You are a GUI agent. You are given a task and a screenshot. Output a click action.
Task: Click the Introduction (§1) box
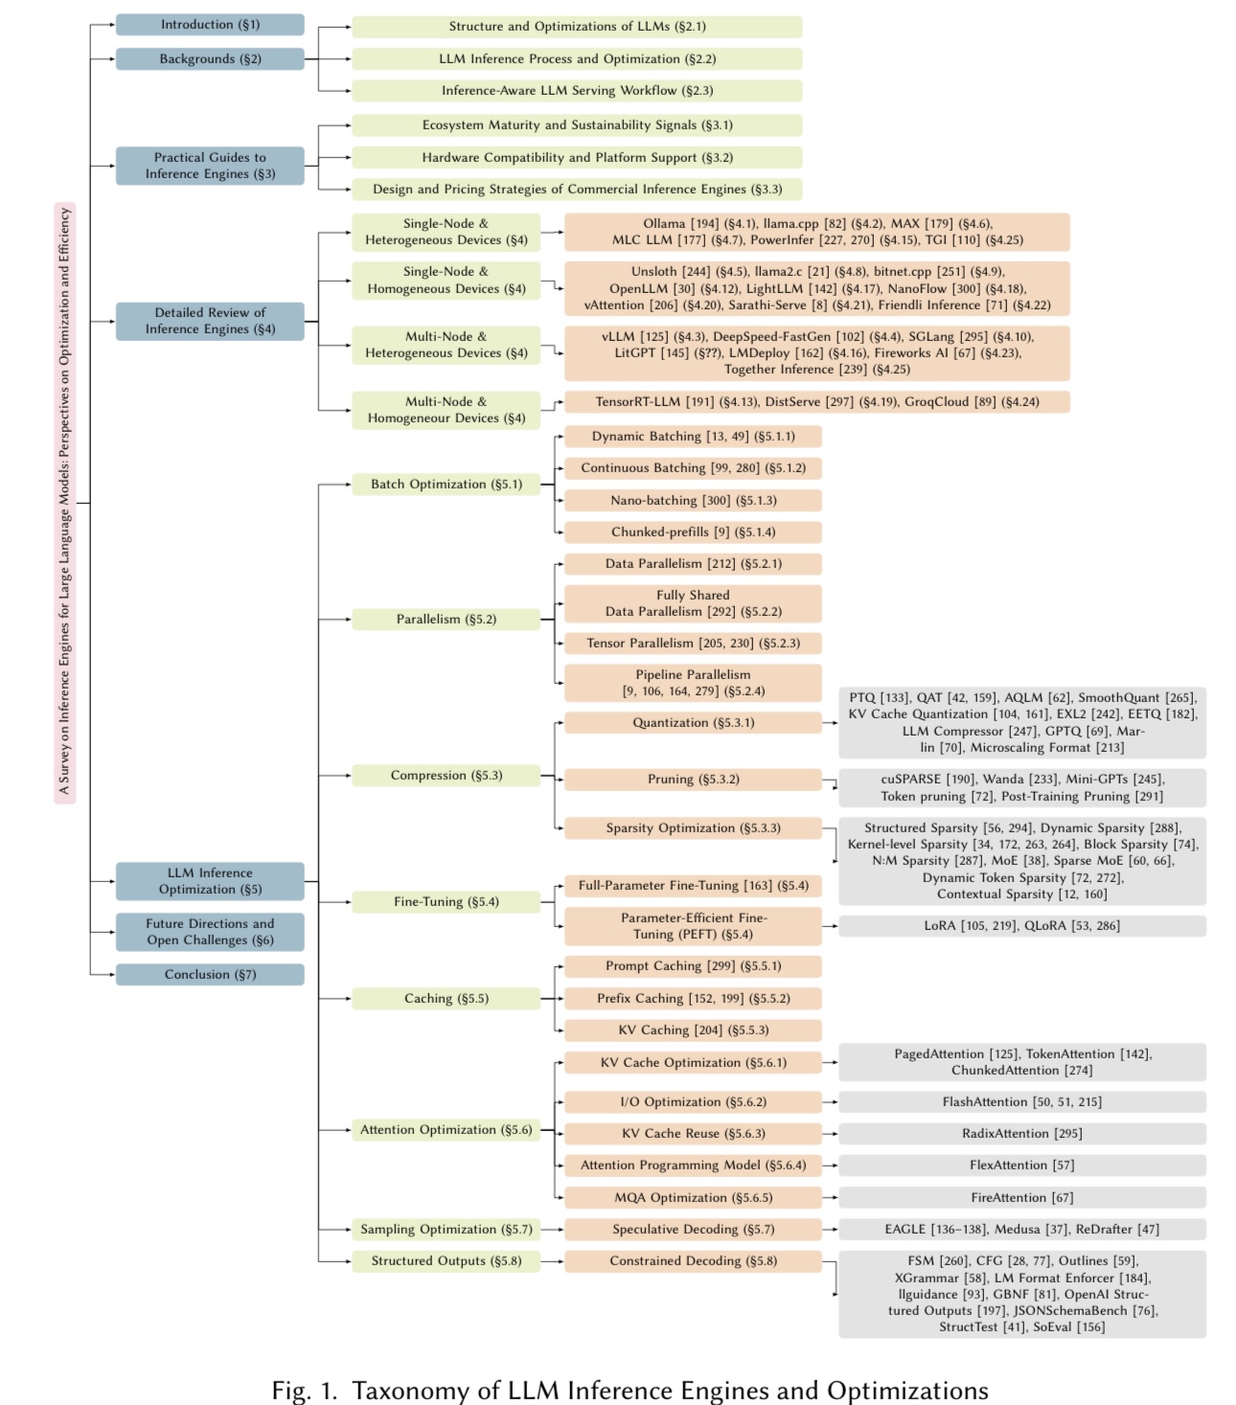(x=210, y=25)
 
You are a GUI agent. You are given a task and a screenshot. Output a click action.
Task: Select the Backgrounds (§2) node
(x=210, y=59)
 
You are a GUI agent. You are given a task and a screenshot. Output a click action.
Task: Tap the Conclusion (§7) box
(x=210, y=975)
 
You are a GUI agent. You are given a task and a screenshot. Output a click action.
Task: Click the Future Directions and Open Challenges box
(x=210, y=932)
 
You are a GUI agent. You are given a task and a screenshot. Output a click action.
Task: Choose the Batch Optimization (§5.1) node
(x=446, y=485)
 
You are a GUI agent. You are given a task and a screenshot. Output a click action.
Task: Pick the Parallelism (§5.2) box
(x=446, y=620)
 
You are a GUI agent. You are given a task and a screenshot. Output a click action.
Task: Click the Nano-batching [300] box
(x=693, y=501)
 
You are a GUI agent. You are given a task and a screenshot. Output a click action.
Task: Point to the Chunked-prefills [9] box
(x=693, y=533)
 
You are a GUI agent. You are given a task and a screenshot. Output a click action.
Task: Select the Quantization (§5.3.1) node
(x=693, y=723)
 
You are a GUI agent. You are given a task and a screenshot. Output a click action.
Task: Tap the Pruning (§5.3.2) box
(x=693, y=780)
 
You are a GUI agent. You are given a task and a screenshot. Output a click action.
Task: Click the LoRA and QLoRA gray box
(x=1021, y=926)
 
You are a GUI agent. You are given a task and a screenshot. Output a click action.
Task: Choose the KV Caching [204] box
(x=693, y=1031)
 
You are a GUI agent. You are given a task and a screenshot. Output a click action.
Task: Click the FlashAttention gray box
(x=1021, y=1102)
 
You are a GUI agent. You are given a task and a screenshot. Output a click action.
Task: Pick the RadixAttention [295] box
(x=1021, y=1134)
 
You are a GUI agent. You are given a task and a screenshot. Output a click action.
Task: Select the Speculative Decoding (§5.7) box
(x=693, y=1230)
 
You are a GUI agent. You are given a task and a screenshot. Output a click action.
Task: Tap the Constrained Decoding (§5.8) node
(x=693, y=1261)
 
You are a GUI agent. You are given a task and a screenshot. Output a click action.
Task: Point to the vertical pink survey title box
(x=65, y=503)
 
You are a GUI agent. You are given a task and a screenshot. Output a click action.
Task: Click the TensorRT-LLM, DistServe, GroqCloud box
(x=816, y=402)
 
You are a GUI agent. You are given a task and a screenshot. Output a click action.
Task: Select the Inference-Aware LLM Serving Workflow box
(x=577, y=91)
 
